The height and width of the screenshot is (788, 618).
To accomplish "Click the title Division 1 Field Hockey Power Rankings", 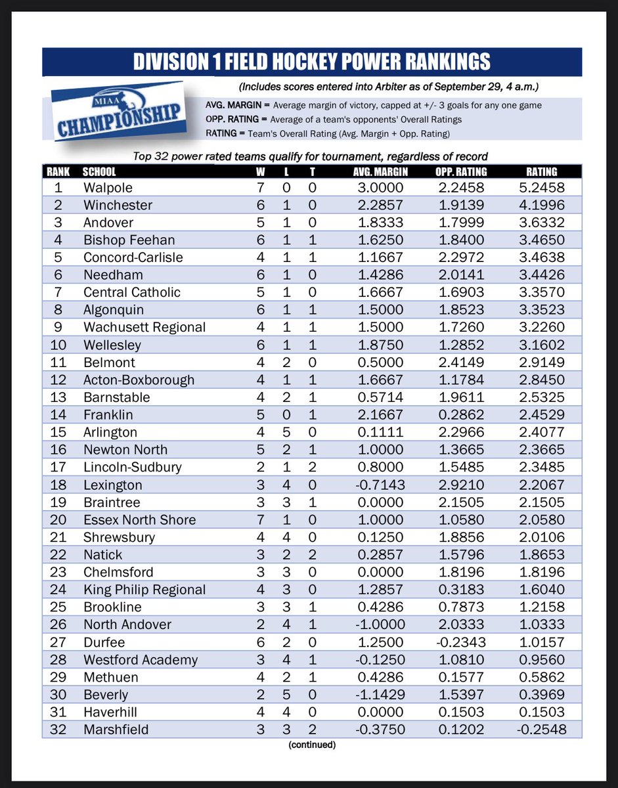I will click(x=311, y=62).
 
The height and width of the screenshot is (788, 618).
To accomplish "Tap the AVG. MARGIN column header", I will click(x=376, y=171).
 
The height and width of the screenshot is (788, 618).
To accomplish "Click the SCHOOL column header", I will click(x=99, y=171).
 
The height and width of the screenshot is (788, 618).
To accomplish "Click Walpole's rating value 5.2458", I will click(x=541, y=188).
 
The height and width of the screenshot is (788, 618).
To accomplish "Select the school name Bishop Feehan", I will click(x=129, y=240).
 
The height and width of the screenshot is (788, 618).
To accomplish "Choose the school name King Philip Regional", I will click(x=144, y=590).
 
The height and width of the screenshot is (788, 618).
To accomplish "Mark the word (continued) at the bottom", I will click(x=312, y=745).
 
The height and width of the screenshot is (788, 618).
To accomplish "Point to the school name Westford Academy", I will click(x=141, y=659).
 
